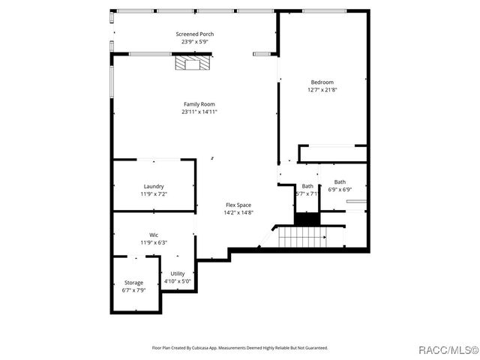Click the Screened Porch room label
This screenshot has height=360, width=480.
[x=194, y=34]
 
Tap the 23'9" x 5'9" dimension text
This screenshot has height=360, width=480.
[x=194, y=42]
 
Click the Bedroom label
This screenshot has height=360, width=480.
[x=322, y=82]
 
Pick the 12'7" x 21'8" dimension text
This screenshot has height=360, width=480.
[x=322, y=90]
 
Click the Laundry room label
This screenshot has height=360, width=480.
[x=154, y=186]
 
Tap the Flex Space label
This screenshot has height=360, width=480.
[x=238, y=205]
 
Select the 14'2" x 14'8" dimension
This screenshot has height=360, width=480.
[x=238, y=212]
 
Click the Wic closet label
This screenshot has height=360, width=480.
[x=154, y=235]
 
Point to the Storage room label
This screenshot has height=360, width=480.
[x=133, y=283]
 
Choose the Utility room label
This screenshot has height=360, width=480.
[x=178, y=274]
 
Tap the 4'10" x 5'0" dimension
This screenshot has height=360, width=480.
[x=178, y=281]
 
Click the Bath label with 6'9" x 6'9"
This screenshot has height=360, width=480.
[x=340, y=181]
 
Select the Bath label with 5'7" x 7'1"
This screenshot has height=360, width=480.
[x=307, y=186]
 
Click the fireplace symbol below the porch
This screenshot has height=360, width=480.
[x=189, y=64]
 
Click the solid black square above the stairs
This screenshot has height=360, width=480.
[x=305, y=219]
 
